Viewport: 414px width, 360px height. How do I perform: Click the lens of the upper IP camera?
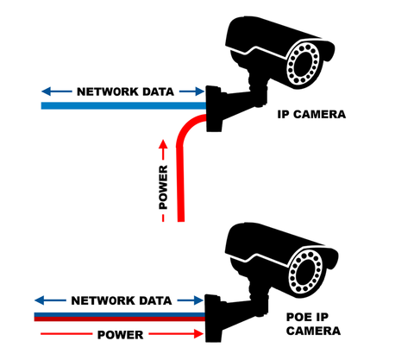click(x=304, y=65)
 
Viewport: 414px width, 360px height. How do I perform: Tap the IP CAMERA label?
click(x=311, y=114)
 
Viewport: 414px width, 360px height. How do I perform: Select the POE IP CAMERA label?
click(x=313, y=324)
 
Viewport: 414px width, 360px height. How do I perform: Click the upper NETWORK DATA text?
click(x=125, y=92)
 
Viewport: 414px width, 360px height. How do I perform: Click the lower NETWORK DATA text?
click(x=122, y=300)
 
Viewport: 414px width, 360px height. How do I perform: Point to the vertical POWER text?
click(x=163, y=187)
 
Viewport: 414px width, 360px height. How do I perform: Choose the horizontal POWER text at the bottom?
click(x=121, y=335)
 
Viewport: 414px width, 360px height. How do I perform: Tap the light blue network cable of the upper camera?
click(x=124, y=105)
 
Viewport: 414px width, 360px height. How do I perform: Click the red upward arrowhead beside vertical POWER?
click(x=163, y=144)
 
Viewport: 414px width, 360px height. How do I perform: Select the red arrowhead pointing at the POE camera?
click(x=199, y=334)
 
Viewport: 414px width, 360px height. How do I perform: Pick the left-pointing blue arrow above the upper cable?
click(x=57, y=92)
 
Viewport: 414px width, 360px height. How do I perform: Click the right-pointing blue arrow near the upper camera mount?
click(x=191, y=92)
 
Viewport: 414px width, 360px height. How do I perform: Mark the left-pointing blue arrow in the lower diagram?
click(x=50, y=300)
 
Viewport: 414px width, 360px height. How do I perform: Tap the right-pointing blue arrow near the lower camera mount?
click(x=191, y=300)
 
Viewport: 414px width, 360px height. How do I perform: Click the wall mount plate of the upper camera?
click(x=214, y=109)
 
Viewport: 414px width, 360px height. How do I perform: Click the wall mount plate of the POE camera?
click(x=213, y=319)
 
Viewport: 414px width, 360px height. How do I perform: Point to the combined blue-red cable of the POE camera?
click(x=120, y=317)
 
